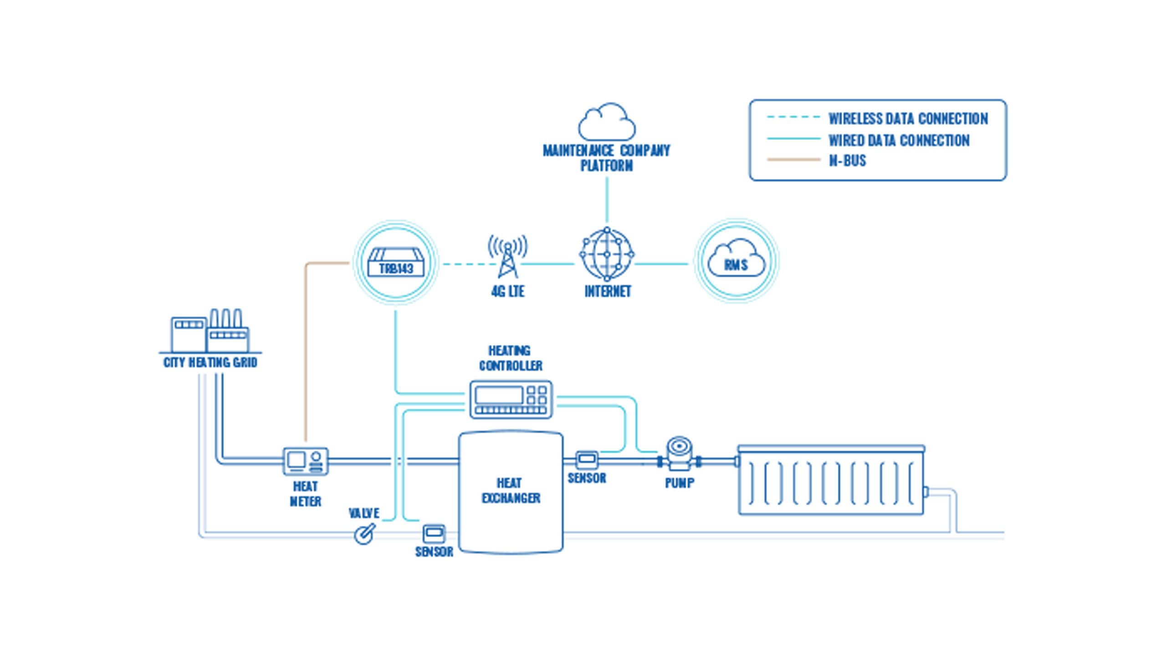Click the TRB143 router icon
coord(396,263)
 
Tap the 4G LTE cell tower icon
coord(507,257)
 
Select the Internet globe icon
coord(607,254)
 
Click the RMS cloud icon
coord(736,261)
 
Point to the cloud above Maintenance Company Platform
coord(607,122)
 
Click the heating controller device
coord(511,400)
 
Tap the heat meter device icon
coord(305,461)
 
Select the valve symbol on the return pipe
coord(365,533)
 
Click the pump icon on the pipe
coord(679,456)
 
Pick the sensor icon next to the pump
coord(587,460)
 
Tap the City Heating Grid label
coord(210,363)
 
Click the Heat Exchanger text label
coord(511,491)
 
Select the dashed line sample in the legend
coord(793,118)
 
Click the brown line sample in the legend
coord(793,160)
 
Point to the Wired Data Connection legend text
coord(899,140)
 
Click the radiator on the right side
coord(831,481)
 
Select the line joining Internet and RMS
coord(661,264)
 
